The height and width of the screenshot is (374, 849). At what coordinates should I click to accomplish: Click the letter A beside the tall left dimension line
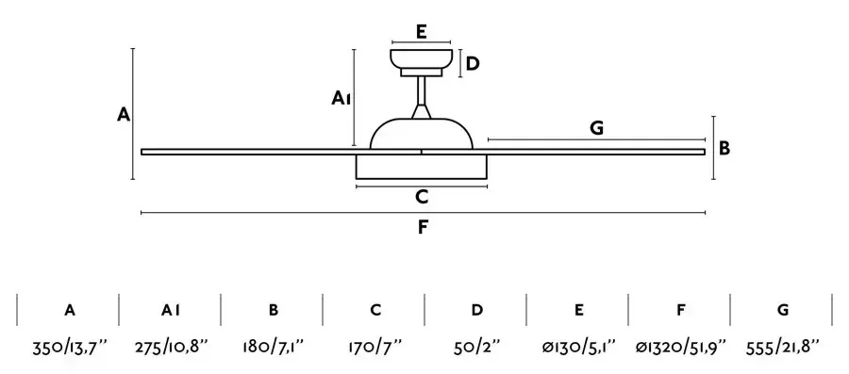[124, 115]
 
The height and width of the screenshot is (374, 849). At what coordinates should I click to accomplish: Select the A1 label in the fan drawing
[341, 98]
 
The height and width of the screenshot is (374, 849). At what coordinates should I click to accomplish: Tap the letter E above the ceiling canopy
[422, 32]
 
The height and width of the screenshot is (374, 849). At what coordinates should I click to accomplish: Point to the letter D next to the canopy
[473, 64]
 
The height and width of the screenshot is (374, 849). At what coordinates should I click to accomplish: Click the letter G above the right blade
[596, 128]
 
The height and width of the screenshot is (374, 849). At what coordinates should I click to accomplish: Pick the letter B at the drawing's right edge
[724, 148]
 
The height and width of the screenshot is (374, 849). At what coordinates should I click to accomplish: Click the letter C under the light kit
[422, 197]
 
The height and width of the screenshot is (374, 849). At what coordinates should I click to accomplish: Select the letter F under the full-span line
[423, 227]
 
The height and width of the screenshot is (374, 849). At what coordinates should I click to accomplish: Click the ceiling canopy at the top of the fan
[422, 63]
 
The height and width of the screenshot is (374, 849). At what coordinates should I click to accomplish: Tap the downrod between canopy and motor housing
[422, 97]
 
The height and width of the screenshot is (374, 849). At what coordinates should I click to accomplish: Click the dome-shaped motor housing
[422, 134]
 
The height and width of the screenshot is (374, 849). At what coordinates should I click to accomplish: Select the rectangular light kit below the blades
[422, 167]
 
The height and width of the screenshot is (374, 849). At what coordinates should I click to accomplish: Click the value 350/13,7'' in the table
[70, 347]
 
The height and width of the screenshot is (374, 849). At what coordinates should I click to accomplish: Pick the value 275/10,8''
[172, 347]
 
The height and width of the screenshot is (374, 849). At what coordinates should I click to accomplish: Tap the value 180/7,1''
[274, 347]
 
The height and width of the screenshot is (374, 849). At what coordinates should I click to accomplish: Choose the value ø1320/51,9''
[681, 347]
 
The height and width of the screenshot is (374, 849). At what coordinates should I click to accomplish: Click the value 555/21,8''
[783, 347]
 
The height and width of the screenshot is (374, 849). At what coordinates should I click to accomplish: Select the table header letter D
[477, 310]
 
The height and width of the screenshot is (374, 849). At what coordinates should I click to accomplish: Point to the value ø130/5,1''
[579, 347]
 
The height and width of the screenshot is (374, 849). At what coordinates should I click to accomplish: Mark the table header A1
[171, 310]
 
